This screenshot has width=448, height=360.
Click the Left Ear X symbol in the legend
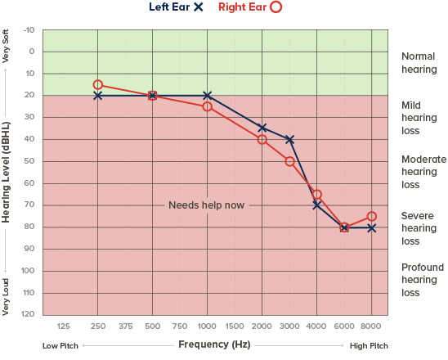199,7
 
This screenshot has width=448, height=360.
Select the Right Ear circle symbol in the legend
276,7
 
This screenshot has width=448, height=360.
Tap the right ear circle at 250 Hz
98,85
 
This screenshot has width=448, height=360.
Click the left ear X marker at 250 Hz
98,96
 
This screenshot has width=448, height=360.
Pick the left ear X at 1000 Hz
207,96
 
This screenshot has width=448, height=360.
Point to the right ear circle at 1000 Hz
207,106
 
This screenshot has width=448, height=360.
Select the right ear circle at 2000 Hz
262,139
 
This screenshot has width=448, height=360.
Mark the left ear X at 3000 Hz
289,140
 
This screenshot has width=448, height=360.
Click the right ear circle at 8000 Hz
372,217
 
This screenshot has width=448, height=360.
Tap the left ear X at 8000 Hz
372,227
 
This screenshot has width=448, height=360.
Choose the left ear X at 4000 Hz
316,205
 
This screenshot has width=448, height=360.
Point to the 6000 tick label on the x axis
344,325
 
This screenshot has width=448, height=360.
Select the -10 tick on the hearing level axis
30,30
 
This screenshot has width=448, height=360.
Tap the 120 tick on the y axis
29,314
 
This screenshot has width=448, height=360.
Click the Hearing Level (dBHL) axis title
7,172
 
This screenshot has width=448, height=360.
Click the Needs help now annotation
206,205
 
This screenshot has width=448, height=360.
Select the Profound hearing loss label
422,280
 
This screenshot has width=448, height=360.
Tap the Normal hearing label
419,63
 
